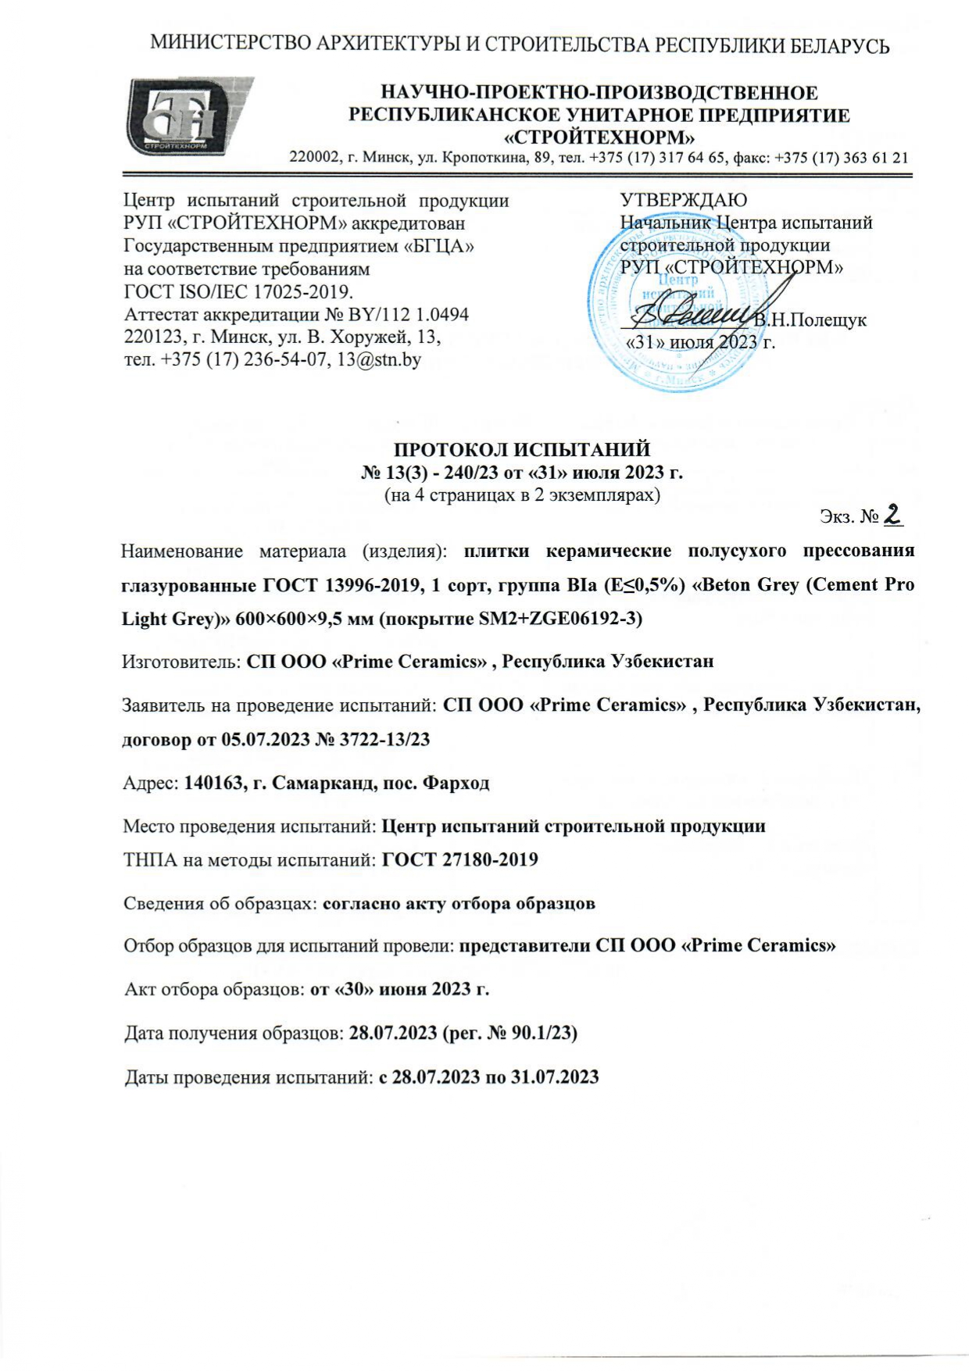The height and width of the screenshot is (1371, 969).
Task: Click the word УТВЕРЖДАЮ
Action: (683, 201)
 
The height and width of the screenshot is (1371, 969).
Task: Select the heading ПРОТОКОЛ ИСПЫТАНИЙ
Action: (522, 450)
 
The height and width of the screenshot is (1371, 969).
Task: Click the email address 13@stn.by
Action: (379, 360)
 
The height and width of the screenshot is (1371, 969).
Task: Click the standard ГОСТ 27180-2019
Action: (459, 860)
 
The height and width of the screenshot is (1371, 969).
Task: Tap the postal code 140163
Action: (211, 783)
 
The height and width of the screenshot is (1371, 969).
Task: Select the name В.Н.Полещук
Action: (810, 320)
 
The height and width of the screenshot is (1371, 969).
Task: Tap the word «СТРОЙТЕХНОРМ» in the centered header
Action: (599, 138)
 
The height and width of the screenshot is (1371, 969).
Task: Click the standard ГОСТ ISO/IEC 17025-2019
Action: (238, 292)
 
